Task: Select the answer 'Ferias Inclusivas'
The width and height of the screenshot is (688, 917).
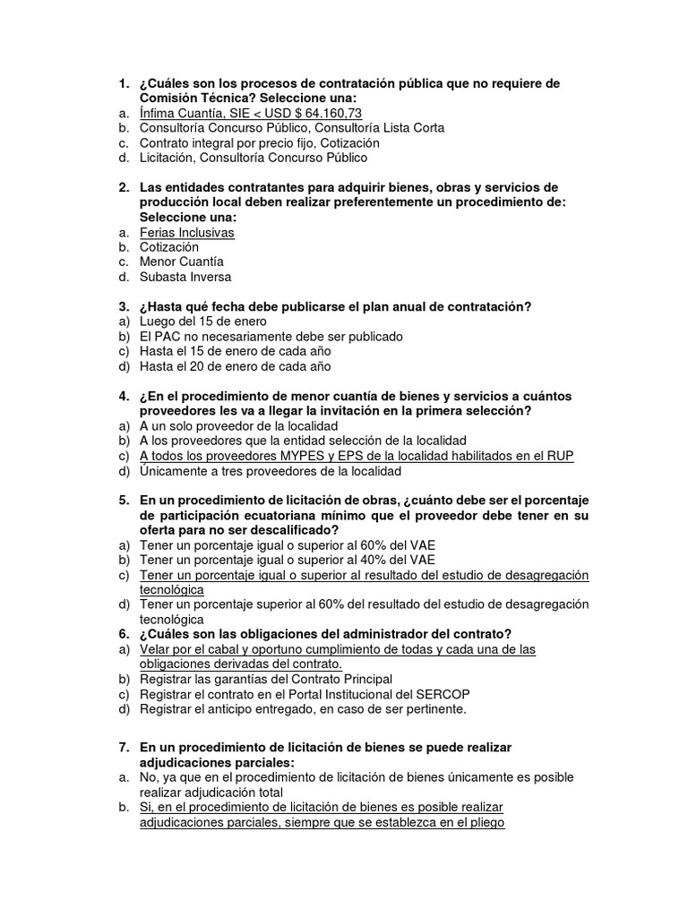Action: point(186,232)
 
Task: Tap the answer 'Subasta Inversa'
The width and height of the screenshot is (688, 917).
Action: point(185,277)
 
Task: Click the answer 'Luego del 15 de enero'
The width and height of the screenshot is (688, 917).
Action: point(202,321)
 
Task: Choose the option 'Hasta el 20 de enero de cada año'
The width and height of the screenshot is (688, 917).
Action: point(235,365)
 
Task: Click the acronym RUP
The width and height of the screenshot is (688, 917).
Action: point(560,456)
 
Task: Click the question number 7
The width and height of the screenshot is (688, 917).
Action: point(124,747)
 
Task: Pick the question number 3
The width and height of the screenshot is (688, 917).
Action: point(124,306)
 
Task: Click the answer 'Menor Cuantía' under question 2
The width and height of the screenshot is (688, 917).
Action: point(181,261)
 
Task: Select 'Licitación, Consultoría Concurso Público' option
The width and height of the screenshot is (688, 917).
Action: point(254,158)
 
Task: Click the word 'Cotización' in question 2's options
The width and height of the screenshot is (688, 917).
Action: point(169,246)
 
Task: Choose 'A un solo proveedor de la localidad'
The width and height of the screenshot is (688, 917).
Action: point(238,425)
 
